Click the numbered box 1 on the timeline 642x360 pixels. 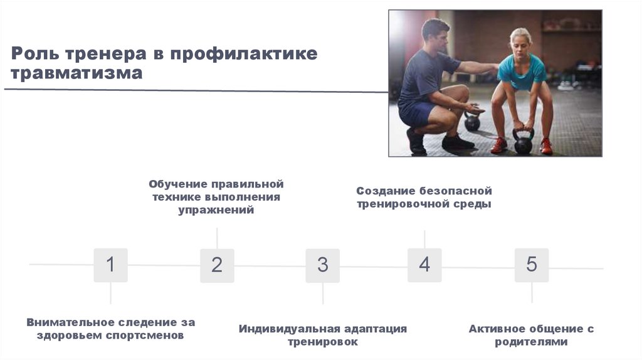point(110,265)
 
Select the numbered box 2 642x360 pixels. point(217,265)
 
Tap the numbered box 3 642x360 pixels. point(322,265)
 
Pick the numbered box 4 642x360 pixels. point(424,265)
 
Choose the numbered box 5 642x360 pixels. point(531,265)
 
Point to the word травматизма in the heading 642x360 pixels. point(77,74)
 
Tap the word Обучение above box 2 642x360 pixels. point(177,184)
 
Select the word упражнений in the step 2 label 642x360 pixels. point(216,211)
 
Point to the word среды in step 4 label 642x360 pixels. point(474,204)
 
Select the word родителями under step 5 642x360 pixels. point(531,342)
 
